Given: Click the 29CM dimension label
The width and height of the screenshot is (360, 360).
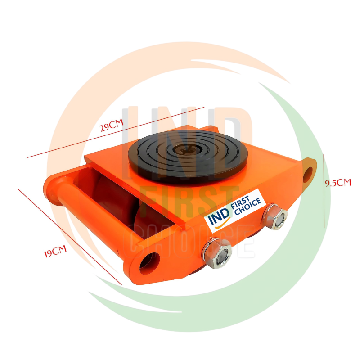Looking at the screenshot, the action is point(112,125).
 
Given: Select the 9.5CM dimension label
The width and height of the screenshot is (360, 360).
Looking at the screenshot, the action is point(338,183).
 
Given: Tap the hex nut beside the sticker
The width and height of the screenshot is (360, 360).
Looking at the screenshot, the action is point(275,217).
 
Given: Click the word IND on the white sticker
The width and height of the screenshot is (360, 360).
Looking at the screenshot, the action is point(219,216).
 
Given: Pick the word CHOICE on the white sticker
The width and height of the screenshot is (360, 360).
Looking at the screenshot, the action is point(247,207).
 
